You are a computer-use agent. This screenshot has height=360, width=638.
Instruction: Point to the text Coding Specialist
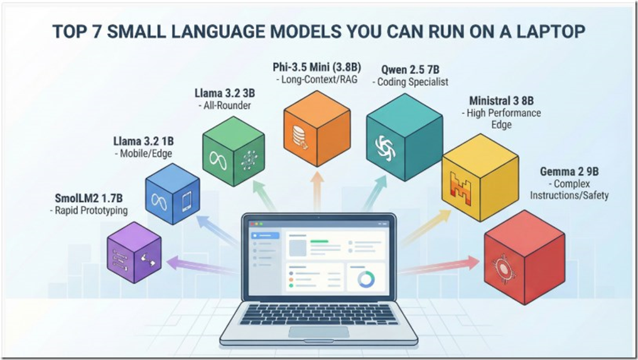pyautogui.click(x=414, y=82)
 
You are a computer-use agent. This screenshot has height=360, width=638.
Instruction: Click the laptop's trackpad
pyautogui.click(x=318, y=332)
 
